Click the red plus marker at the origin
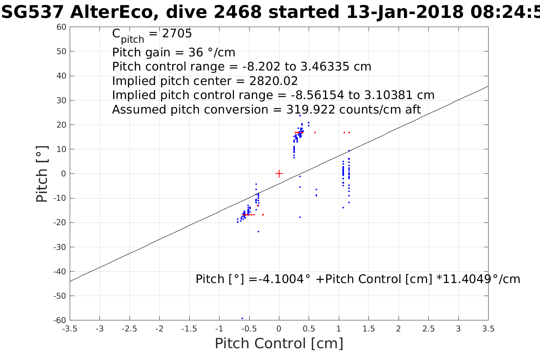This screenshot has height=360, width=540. click(x=279, y=174)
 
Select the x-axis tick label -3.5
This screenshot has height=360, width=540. click(x=70, y=329)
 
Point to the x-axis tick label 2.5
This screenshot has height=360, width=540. click(x=428, y=329)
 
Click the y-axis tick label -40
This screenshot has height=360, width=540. click(x=60, y=271)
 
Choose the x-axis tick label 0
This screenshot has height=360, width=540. click(x=279, y=329)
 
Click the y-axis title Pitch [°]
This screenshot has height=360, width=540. click(x=42, y=174)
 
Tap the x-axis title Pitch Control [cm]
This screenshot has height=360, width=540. click(x=279, y=344)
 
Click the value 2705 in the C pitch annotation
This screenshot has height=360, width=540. click(x=177, y=34)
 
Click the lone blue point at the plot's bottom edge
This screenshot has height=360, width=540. click(x=242, y=318)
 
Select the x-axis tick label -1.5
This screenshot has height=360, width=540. click(x=189, y=329)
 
